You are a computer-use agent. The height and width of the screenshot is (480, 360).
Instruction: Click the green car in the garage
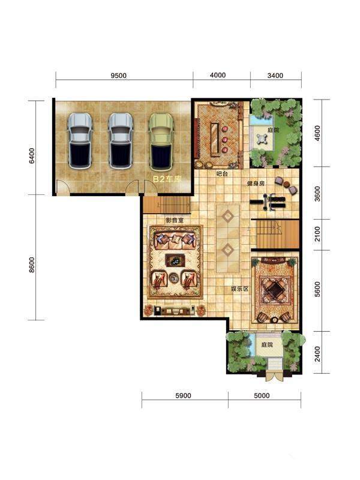tap(161, 142)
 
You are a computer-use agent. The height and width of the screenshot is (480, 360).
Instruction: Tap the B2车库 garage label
tap(167, 179)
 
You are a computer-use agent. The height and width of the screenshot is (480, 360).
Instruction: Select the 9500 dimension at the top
tap(118, 76)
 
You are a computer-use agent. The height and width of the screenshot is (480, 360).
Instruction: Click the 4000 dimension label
tap(218, 75)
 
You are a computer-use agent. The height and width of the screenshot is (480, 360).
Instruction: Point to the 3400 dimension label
tap(275, 76)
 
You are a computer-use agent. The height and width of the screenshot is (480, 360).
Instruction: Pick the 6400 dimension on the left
tap(32, 156)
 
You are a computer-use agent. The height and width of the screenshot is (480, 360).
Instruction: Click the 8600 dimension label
tap(32, 265)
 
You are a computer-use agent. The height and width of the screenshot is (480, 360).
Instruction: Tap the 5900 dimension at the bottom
tap(184, 395)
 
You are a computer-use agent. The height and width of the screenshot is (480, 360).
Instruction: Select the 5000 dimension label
tap(262, 395)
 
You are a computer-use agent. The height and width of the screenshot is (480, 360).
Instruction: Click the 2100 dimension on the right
tap(317, 234)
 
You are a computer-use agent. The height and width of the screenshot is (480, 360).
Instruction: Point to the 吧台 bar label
tap(222, 174)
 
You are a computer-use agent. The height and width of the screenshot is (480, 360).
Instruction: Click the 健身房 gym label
tap(256, 184)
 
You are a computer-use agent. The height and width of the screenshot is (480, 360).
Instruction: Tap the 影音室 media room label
tap(175, 220)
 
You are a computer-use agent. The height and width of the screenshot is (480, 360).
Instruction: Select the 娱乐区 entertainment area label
tap(239, 289)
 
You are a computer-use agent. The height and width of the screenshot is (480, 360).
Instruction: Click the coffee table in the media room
tap(175, 260)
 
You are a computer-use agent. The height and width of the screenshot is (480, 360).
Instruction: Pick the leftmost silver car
tap(80, 141)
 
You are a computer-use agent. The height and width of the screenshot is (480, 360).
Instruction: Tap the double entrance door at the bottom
tap(274, 376)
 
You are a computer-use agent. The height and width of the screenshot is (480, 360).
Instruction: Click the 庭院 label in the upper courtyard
tap(274, 130)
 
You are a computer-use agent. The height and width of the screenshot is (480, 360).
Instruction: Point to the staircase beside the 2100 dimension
tap(275, 233)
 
